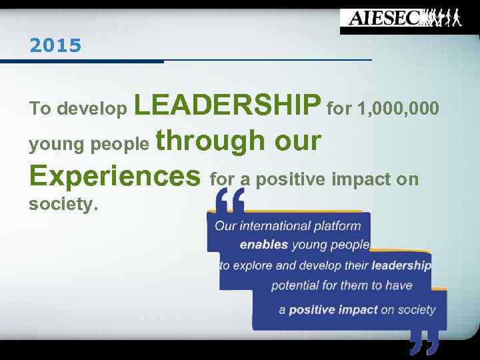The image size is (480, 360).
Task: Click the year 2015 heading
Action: (55, 46)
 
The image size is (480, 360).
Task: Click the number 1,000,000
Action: (398, 107)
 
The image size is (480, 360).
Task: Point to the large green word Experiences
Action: (115, 176)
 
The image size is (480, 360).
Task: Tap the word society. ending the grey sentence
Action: (64, 205)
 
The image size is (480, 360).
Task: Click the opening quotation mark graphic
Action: (230, 199)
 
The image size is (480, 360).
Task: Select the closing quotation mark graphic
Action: (425, 342)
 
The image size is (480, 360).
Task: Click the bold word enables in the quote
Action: (264, 245)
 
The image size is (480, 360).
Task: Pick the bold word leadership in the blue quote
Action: (401, 265)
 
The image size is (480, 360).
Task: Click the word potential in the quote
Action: (296, 285)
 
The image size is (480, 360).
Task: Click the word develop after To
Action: (93, 108)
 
